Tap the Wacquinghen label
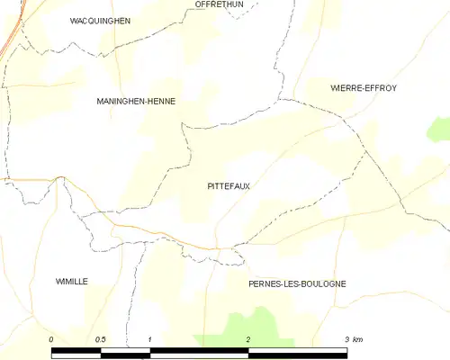[100, 20]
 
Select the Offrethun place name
[220, 4]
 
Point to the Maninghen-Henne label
[135, 102]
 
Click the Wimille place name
[71, 282]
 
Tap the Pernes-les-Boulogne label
[297, 283]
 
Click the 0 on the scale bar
[51, 339]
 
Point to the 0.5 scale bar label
[100, 339]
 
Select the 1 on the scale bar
[149, 339]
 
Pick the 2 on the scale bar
[247, 339]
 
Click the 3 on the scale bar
[346, 339]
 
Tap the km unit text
[357, 339]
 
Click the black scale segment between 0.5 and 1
[125, 353]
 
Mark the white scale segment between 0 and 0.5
[76, 353]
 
